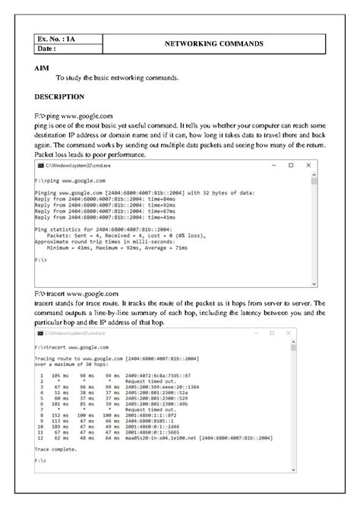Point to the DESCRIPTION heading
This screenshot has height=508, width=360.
pyautogui.click(x=60, y=97)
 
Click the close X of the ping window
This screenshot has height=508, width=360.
pyautogui.click(x=310, y=166)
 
